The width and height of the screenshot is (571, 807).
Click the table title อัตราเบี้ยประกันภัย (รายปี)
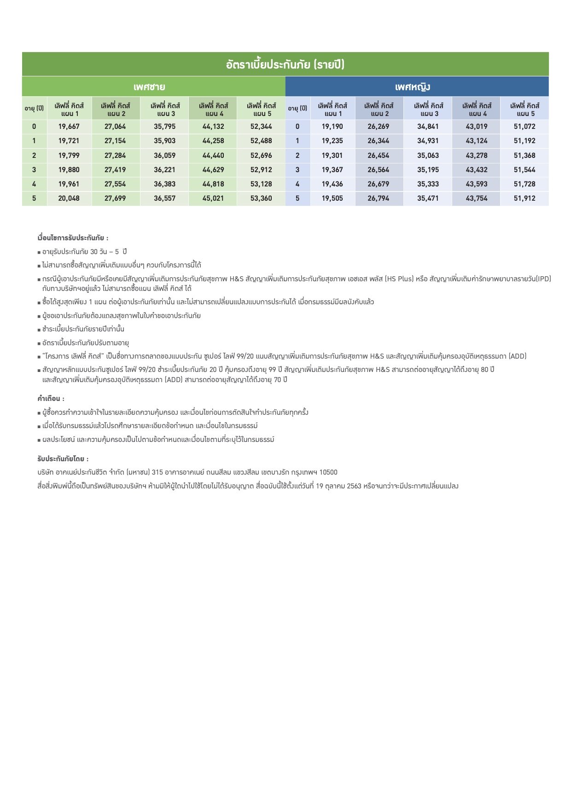(285, 64)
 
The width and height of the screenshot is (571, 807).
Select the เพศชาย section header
(149, 87)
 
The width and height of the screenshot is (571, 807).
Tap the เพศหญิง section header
(412, 87)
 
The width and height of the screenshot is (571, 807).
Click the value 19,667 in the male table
(69, 127)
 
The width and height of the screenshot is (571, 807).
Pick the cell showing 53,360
(261, 198)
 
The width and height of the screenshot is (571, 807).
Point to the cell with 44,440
(213, 156)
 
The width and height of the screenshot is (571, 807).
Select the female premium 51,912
(524, 198)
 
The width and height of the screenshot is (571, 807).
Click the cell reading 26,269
(379, 127)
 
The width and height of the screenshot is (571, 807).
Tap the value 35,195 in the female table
(428, 170)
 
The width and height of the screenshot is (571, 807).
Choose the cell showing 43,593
(476, 184)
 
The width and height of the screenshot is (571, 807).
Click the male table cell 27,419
(115, 170)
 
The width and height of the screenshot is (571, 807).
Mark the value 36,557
(164, 198)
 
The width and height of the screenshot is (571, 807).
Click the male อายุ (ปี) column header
(34, 109)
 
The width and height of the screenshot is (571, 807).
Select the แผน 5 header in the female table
(524, 110)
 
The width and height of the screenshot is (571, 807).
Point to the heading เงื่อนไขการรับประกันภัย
(73, 238)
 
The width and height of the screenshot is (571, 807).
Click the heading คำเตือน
(51, 399)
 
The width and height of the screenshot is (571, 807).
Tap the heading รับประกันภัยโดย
(63, 459)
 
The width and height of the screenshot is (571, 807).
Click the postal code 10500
(328, 472)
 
